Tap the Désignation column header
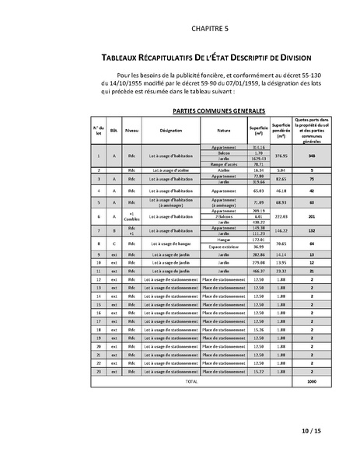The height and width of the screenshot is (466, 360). pos(170,131)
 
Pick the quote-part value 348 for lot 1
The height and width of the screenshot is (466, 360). pos(310,155)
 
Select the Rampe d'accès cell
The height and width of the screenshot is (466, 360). pos(224,165)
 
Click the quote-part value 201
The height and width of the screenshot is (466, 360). pos(310,215)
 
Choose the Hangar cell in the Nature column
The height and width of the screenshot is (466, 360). pos(224,240)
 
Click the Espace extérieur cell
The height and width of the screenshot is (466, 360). pos(224,247)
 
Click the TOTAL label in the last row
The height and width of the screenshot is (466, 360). pos(190,382)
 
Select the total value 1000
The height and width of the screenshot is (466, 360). pos(310,382)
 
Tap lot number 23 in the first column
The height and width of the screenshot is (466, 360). pos(98,373)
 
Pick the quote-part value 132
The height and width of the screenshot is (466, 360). pos(310,231)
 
